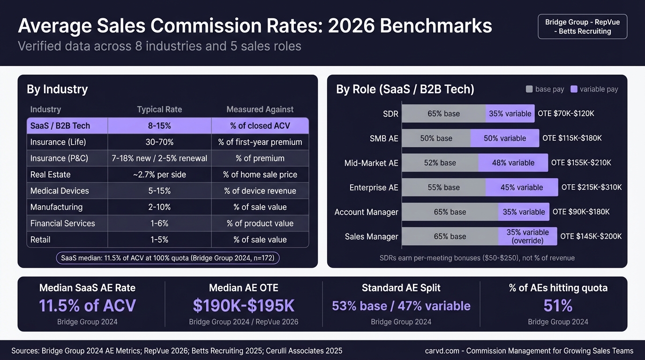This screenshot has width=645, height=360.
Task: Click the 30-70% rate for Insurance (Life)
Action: [x=159, y=142]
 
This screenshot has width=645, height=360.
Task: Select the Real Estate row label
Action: [x=51, y=174]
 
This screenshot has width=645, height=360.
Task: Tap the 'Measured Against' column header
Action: [x=260, y=109]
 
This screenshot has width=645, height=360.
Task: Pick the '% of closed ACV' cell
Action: [x=260, y=126]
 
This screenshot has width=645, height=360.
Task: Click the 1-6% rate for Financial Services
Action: [x=159, y=223]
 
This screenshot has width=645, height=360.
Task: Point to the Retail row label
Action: [x=40, y=240]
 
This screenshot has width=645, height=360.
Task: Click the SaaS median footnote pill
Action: [x=167, y=258]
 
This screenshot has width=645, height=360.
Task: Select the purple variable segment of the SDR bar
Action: [x=510, y=113]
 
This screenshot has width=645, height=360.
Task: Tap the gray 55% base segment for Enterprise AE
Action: [x=443, y=187]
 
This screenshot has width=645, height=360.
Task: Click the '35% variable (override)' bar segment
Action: [x=527, y=236]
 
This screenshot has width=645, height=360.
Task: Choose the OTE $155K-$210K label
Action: [x=581, y=163]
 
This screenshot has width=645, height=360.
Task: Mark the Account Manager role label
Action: [x=366, y=212]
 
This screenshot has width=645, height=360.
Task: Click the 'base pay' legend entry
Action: [x=545, y=89]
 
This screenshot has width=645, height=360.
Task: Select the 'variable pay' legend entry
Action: [x=594, y=89]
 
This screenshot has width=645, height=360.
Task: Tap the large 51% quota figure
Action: [x=558, y=306]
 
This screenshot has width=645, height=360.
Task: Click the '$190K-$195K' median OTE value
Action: [x=243, y=306]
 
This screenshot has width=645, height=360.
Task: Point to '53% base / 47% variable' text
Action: [x=401, y=306]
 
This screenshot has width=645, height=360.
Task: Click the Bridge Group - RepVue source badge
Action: [x=582, y=27]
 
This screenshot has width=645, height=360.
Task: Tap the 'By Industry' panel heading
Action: [x=57, y=89]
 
